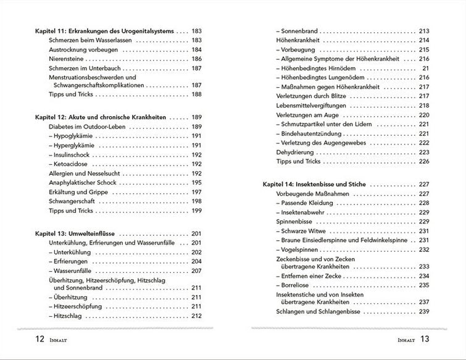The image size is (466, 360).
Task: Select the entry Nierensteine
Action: click(x=69, y=58)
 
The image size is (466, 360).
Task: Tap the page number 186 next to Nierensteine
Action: click(x=197, y=58)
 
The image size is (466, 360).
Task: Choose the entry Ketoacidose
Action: click(x=72, y=164)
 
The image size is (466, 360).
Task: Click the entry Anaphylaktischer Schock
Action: click(x=85, y=183)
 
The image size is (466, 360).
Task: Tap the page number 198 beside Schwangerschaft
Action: click(x=197, y=201)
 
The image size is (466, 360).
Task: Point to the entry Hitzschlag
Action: click(x=69, y=316)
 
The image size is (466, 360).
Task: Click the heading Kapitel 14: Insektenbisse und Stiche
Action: click(x=322, y=184)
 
